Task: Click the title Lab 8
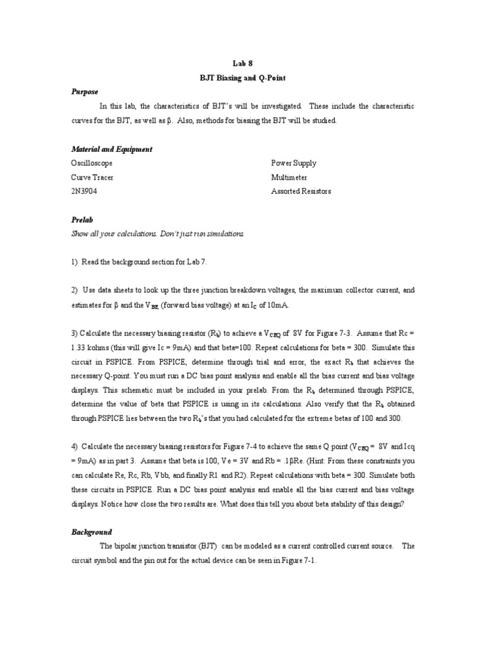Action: pos(243,63)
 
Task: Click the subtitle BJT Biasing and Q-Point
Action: pos(243,77)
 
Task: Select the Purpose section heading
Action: pos(84,92)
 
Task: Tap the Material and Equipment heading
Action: pos(111,149)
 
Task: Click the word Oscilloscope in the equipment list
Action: pos(92,163)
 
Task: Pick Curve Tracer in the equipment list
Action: pos(92,177)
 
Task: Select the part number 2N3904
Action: pos(84,191)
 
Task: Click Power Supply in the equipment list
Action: pos(294,163)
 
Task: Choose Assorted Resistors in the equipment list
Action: pos(301,191)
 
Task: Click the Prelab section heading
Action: pos(81,220)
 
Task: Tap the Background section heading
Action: pos(92,532)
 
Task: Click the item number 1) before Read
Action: pos(75,262)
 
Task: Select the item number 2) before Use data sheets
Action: pos(75,290)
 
